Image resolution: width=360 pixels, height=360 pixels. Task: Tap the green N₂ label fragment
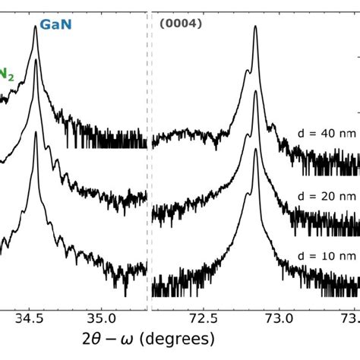click(x=7, y=73)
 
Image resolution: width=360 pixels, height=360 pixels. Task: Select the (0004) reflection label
click(x=181, y=23)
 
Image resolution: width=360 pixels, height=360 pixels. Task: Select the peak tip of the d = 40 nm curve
click(x=255, y=27)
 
